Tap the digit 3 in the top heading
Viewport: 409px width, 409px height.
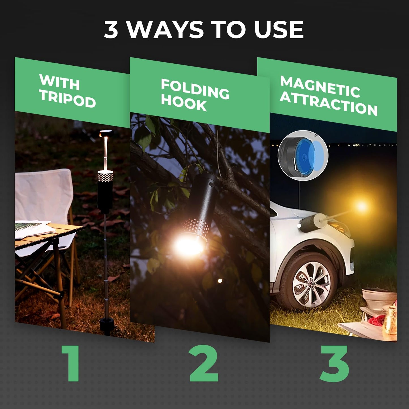(x=111, y=30)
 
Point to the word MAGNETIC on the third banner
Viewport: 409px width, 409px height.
(x=320, y=86)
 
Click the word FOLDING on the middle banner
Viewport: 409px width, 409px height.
(x=195, y=89)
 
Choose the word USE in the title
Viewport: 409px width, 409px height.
(x=279, y=30)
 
